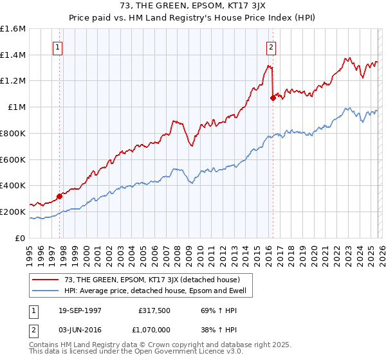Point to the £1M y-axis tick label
[16, 107]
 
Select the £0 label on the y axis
[21, 238]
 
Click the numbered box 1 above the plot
[58, 47]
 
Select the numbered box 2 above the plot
[271, 47]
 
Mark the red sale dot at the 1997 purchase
[59, 196]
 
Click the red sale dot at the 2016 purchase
[273, 98]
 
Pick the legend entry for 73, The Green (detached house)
[152, 280]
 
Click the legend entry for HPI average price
[159, 291]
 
